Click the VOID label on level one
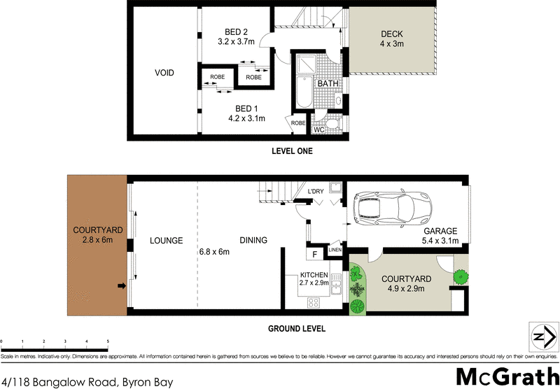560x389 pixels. (164, 73)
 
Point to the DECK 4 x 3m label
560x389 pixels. (392, 39)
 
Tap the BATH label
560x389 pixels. (328, 84)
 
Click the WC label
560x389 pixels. (318, 129)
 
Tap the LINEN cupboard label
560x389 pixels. (335, 250)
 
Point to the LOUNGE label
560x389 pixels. (166, 241)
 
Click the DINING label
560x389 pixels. (253, 241)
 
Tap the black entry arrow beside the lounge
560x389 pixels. (121, 285)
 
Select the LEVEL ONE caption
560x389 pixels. (292, 151)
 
